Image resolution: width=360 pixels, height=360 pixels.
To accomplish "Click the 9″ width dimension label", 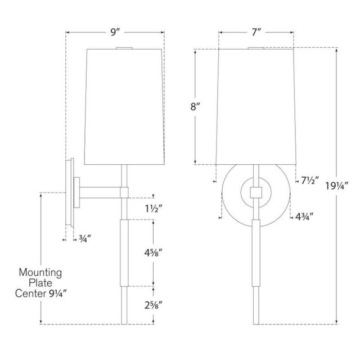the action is coord(114,33).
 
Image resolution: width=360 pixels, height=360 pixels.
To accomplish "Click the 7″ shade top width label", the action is coord(256,33).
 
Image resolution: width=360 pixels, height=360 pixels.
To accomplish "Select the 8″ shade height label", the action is coord(195,106).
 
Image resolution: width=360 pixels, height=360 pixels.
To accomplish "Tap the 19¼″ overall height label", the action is coord(337,186).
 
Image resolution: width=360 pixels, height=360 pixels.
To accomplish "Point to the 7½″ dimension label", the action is coord(310,181).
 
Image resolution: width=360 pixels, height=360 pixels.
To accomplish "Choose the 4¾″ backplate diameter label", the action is coord(304,217).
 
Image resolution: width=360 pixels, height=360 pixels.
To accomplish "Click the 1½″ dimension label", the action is coord(154,209).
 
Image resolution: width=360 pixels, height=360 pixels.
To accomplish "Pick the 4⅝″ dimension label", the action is coord(153,253).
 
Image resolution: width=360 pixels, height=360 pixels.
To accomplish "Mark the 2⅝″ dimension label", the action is coord(153,305).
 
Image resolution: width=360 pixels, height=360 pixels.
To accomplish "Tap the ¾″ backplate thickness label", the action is coord(85,239).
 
